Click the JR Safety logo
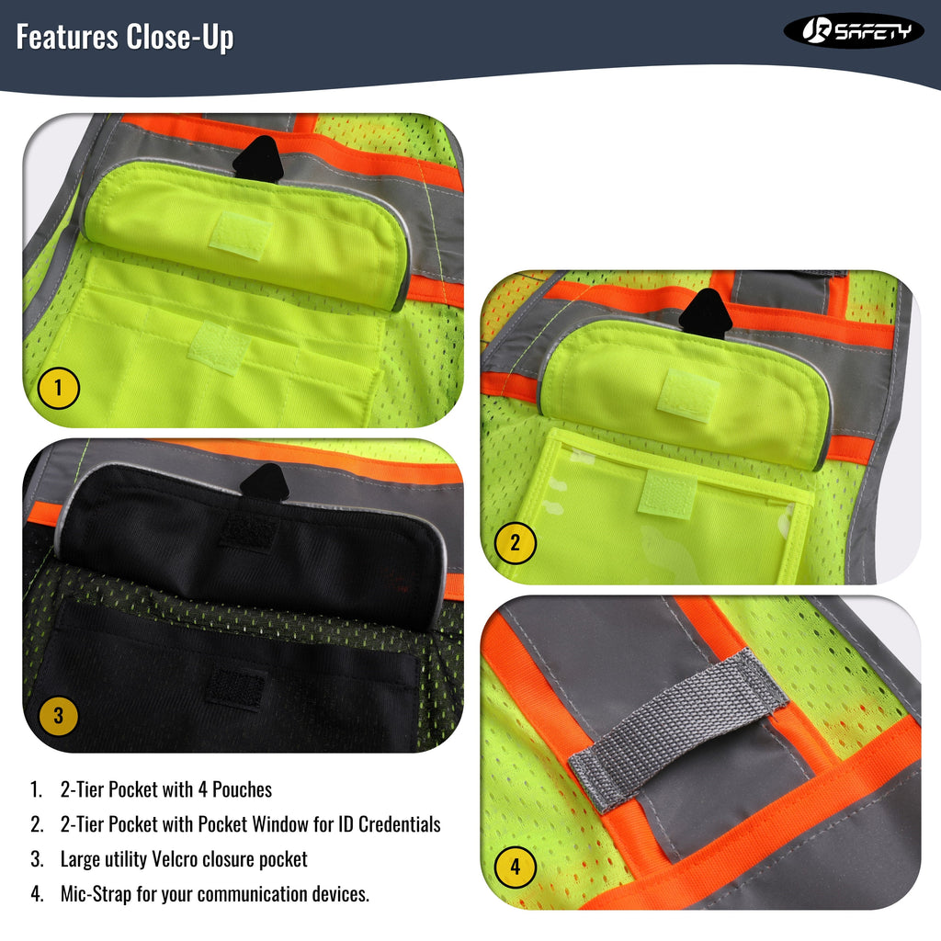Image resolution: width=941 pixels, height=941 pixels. (x=853, y=31)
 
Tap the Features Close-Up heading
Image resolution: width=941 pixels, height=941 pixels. (x=125, y=37)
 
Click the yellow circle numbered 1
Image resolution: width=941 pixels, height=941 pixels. (x=58, y=389)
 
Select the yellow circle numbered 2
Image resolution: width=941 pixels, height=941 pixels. (x=515, y=543)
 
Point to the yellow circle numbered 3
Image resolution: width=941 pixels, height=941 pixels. (x=58, y=716)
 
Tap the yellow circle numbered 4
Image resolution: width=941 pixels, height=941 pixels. (x=515, y=867)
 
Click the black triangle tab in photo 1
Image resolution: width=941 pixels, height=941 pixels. (x=255, y=158)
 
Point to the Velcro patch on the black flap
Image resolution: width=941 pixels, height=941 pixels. (x=244, y=532)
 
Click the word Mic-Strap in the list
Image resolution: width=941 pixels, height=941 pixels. (x=96, y=894)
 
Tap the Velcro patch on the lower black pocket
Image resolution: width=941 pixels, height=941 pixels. (x=235, y=686)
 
